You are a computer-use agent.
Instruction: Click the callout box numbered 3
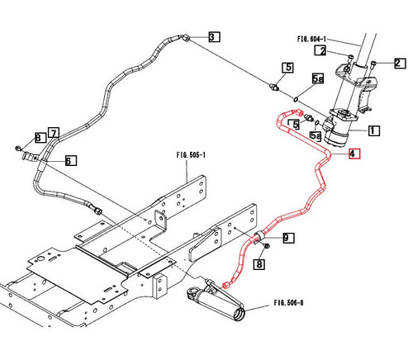coord(213,36)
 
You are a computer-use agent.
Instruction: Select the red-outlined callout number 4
coord(354,154)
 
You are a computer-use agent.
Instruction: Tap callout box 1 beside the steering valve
coord(373,130)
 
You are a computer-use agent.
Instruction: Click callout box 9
coord(287,239)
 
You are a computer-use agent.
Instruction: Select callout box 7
coord(53,133)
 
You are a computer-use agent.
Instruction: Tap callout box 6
coord(69,160)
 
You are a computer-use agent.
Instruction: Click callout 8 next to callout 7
coord(38,137)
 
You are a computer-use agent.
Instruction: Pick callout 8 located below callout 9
coord(259,264)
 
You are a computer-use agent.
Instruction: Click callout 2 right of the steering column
coord(398,63)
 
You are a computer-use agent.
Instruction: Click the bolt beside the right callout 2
coord(374,64)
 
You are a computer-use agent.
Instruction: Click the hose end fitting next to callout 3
coord(186,37)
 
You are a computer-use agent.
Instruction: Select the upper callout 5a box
coord(318,79)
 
